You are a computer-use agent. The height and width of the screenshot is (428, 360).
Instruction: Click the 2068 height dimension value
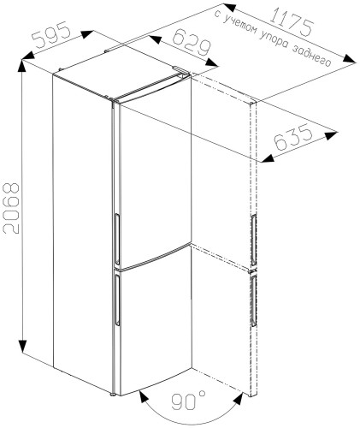(x=10, y=208)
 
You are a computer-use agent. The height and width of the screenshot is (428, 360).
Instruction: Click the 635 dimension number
(x=293, y=138)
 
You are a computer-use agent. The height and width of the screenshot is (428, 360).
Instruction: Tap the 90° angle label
(x=188, y=401)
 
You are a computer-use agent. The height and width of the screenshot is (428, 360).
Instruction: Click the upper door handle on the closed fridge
(x=117, y=239)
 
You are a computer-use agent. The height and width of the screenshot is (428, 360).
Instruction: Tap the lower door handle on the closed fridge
(x=117, y=299)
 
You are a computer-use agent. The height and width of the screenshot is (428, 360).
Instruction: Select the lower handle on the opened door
(x=254, y=300)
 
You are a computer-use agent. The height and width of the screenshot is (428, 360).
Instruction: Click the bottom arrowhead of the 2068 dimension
(x=22, y=347)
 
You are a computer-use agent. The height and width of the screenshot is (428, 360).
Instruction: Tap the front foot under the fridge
(x=113, y=395)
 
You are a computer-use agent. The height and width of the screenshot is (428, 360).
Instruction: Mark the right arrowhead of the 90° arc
(x=238, y=399)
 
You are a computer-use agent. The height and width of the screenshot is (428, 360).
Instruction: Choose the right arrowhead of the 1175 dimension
(x=349, y=58)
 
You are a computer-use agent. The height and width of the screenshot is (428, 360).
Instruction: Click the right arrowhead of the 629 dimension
(x=211, y=62)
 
